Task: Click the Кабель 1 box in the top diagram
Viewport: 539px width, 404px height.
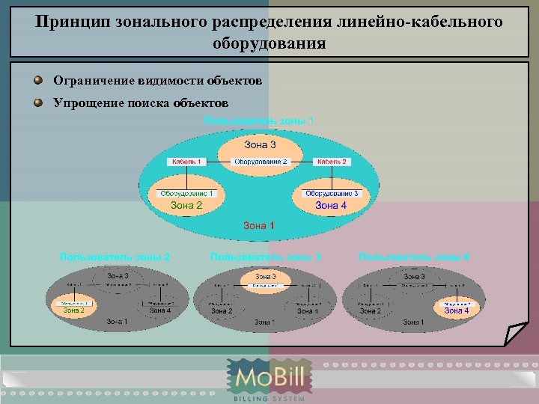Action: pos(186,162)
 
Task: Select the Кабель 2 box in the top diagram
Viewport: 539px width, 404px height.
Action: pos(332,162)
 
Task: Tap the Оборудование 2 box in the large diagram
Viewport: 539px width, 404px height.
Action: pos(260,162)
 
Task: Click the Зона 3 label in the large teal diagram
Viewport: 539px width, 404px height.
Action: pos(260,144)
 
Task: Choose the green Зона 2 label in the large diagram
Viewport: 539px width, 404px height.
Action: pos(186,205)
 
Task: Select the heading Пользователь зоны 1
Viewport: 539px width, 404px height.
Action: pos(259,120)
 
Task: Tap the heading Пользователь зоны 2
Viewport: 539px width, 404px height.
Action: pos(115,257)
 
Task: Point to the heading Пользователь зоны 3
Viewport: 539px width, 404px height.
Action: pos(266,257)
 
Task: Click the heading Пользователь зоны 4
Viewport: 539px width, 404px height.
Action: pos(414,257)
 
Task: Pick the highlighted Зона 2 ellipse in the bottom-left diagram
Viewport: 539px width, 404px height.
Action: pos(73,306)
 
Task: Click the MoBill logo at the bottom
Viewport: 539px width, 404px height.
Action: pos(269,379)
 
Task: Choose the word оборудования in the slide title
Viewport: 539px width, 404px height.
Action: pos(269,43)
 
